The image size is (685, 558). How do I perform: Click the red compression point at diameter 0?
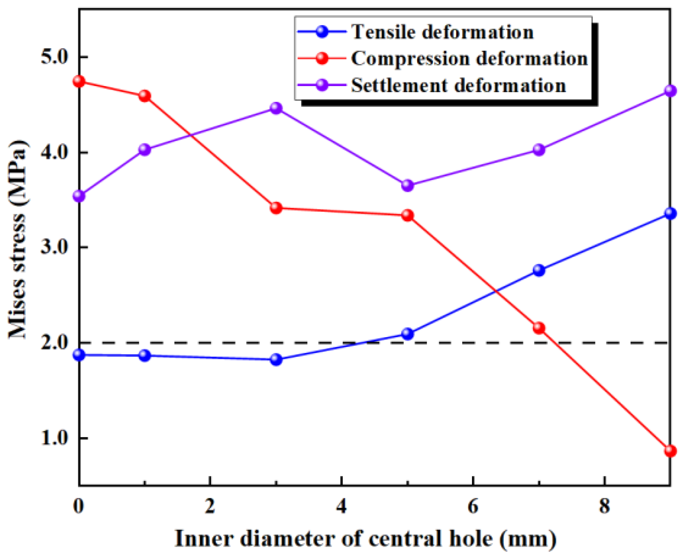point(79,82)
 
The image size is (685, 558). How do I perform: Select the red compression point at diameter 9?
point(670,451)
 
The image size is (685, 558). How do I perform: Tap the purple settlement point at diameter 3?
point(276,108)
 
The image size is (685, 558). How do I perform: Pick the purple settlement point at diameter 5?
point(407,185)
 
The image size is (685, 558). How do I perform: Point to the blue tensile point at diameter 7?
point(539,270)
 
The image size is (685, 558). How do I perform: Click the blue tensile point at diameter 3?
point(276,359)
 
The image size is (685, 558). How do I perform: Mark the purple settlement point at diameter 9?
point(670,90)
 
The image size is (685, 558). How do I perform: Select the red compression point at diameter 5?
point(407,215)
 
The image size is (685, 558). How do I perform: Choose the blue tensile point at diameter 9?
point(670,213)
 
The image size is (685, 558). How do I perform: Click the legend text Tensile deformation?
point(442,32)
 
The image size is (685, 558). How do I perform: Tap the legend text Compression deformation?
point(469,58)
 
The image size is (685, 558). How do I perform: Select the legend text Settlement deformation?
point(458,86)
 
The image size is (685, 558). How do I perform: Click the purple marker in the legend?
point(322,85)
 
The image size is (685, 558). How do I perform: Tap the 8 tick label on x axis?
point(604,506)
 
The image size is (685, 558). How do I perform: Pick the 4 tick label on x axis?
point(342,506)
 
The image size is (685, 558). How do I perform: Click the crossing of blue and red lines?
point(495,291)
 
